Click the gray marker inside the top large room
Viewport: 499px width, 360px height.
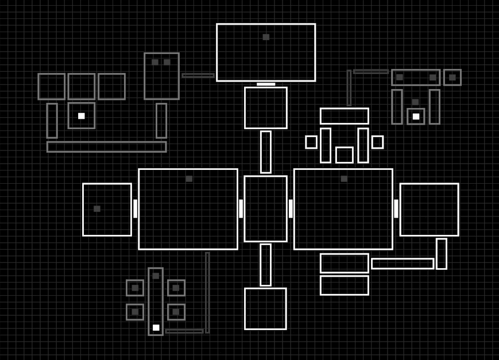(266, 37)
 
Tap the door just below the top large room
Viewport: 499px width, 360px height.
(266, 84)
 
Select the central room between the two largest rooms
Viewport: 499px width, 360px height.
(265, 208)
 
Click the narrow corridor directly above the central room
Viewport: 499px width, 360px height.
(266, 152)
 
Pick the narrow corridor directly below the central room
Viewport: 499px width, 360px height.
(265, 265)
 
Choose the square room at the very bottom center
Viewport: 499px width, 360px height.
(265, 309)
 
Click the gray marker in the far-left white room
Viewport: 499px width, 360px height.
(97, 208)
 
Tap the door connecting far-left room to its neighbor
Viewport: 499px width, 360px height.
(136, 208)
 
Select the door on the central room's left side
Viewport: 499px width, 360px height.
(241, 208)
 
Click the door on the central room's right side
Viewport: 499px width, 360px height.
(291, 208)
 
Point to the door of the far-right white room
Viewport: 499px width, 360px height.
(396, 208)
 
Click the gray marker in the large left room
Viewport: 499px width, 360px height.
(189, 179)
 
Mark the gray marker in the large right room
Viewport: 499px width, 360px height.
(344, 179)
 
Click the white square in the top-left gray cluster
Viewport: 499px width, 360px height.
(82, 116)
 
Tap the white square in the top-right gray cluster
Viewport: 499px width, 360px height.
(416, 117)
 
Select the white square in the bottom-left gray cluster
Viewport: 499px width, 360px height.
(156, 327)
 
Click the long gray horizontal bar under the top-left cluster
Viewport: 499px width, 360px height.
(106, 146)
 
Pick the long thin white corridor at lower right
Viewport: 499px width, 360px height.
(402, 264)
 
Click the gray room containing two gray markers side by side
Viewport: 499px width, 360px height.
(161, 76)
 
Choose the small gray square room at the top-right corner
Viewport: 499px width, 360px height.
(452, 77)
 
